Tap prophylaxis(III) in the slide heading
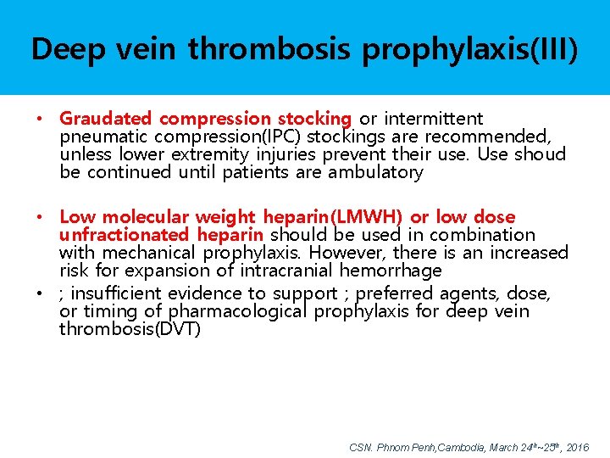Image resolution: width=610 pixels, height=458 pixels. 470,49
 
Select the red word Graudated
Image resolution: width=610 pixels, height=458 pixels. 106,119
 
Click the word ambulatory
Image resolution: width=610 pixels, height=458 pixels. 375,172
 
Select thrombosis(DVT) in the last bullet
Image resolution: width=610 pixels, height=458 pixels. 130,329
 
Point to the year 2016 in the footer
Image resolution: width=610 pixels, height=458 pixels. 578,447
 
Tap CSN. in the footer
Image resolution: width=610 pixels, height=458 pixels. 361,447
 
